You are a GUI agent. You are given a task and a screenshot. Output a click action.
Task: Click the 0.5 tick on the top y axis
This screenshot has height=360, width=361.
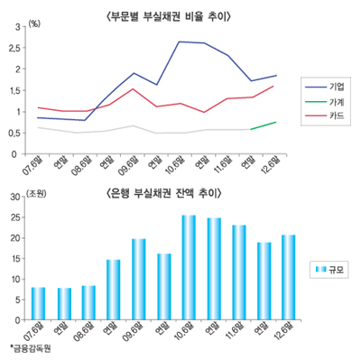tap(19, 133)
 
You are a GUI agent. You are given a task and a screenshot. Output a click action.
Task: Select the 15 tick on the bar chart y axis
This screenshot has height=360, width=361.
tap(17, 258)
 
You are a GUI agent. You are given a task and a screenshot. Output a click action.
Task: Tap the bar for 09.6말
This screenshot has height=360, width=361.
tap(139, 279)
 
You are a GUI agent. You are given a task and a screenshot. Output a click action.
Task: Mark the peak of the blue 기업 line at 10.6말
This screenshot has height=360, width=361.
tap(180, 42)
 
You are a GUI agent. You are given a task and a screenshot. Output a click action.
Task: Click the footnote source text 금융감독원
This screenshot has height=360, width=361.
tap(30, 348)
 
